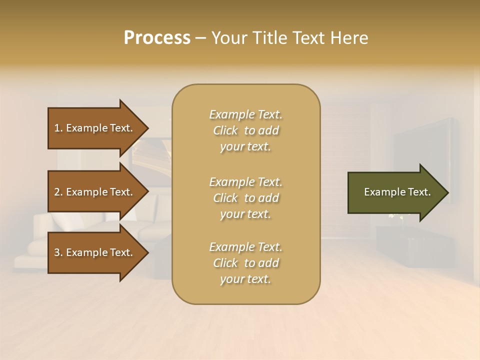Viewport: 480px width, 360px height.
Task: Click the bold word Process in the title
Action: point(157,38)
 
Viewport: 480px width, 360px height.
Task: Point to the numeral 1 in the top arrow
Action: point(57,128)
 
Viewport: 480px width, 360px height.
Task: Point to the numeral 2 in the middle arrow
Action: point(57,192)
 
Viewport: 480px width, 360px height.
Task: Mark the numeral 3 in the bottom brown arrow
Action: point(57,252)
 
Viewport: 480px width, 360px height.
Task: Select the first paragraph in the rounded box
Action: point(245,130)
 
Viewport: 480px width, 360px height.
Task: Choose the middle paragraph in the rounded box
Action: point(245,198)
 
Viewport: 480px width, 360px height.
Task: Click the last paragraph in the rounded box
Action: point(245,263)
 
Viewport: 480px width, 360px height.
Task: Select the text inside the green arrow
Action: point(397,192)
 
